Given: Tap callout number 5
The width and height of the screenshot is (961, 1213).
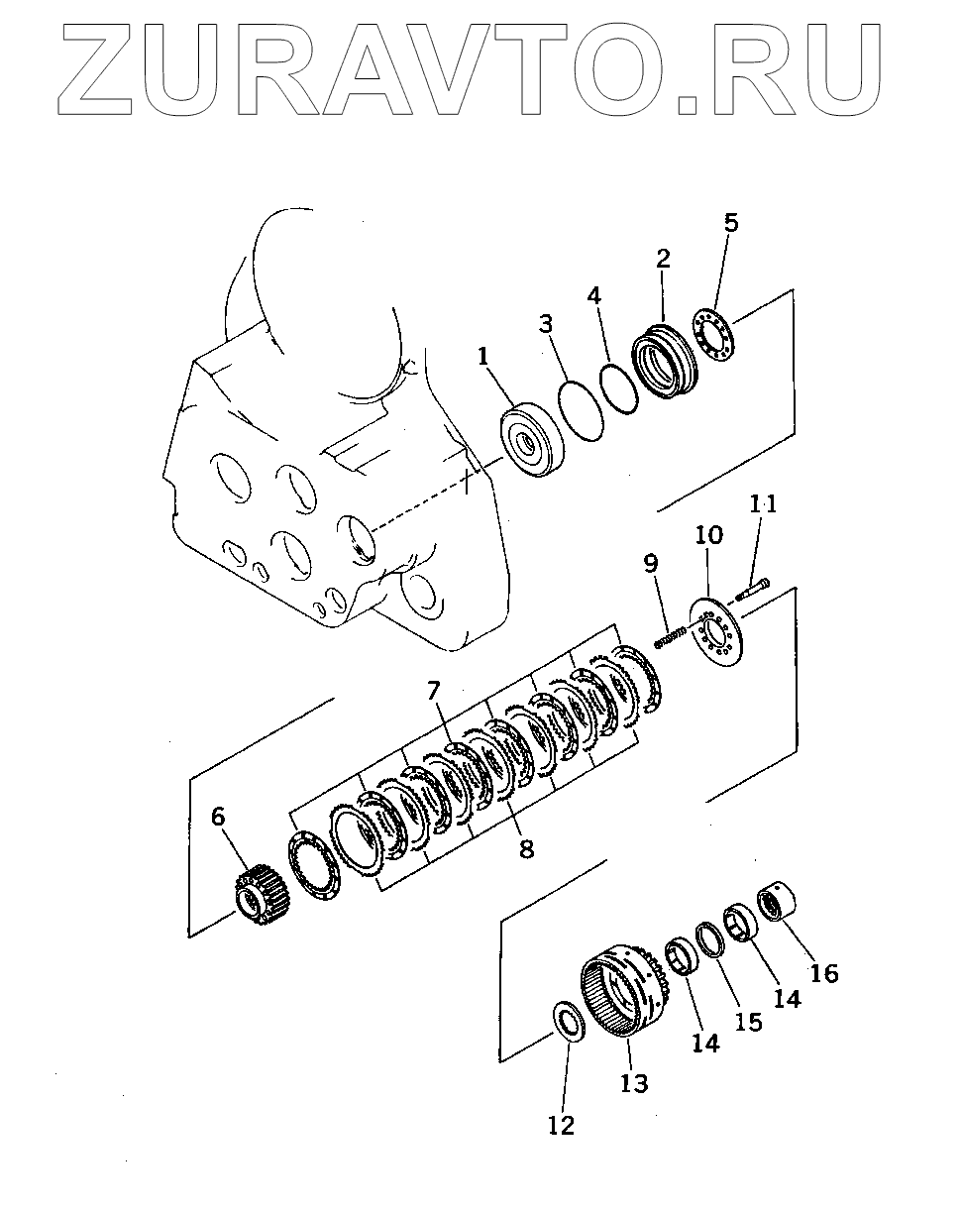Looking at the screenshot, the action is point(730,223).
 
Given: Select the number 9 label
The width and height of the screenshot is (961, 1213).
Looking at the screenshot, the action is point(650,565).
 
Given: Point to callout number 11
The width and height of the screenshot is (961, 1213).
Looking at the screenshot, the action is point(763,504).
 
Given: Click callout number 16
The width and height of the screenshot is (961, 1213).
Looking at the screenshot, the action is point(823,973).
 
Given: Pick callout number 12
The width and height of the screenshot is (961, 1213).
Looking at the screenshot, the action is point(561,1125).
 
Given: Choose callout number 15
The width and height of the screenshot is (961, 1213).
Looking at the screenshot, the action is point(749,1022).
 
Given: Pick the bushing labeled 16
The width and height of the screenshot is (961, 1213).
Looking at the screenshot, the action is point(779,902).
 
